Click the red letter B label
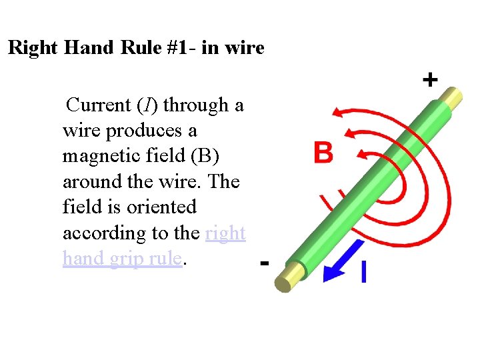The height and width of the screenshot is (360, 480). (x=323, y=153)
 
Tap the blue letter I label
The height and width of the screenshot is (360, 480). (x=363, y=272)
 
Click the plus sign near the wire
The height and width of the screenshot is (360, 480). (x=430, y=81)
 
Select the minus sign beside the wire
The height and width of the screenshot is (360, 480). (x=264, y=263)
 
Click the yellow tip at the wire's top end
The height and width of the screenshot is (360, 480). (x=453, y=98)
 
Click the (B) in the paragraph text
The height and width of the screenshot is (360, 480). (x=204, y=156)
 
